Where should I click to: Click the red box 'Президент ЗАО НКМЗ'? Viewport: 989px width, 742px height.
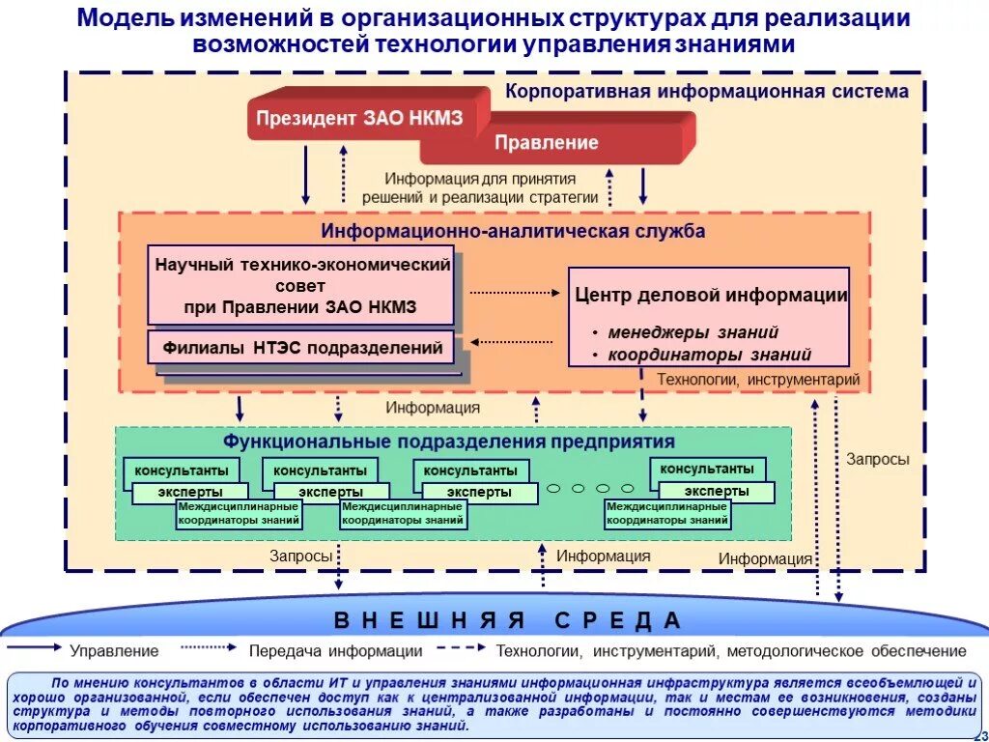pos(359,119)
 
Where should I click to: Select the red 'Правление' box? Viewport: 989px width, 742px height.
pos(547,143)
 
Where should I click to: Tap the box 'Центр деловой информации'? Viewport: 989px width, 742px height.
pos(710,296)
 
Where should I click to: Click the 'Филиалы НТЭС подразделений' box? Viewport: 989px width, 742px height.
pos(302,347)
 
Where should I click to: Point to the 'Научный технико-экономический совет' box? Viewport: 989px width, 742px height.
pos(301,285)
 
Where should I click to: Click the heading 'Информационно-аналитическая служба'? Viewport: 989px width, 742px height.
pos(513,232)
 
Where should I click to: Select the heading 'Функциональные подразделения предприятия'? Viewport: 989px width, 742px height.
pos(449,442)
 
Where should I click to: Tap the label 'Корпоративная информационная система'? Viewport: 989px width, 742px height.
pos(706,92)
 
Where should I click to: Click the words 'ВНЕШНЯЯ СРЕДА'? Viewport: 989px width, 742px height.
pos(508,619)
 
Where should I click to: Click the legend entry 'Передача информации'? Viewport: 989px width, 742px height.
pos(335,651)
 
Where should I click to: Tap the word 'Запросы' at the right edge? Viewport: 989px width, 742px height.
pos(877,460)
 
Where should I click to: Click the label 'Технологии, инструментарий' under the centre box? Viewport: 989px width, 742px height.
pos(758,380)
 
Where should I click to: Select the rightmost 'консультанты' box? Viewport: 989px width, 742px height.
pos(706,469)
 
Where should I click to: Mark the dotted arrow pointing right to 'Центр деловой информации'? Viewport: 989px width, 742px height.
pos(514,291)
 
